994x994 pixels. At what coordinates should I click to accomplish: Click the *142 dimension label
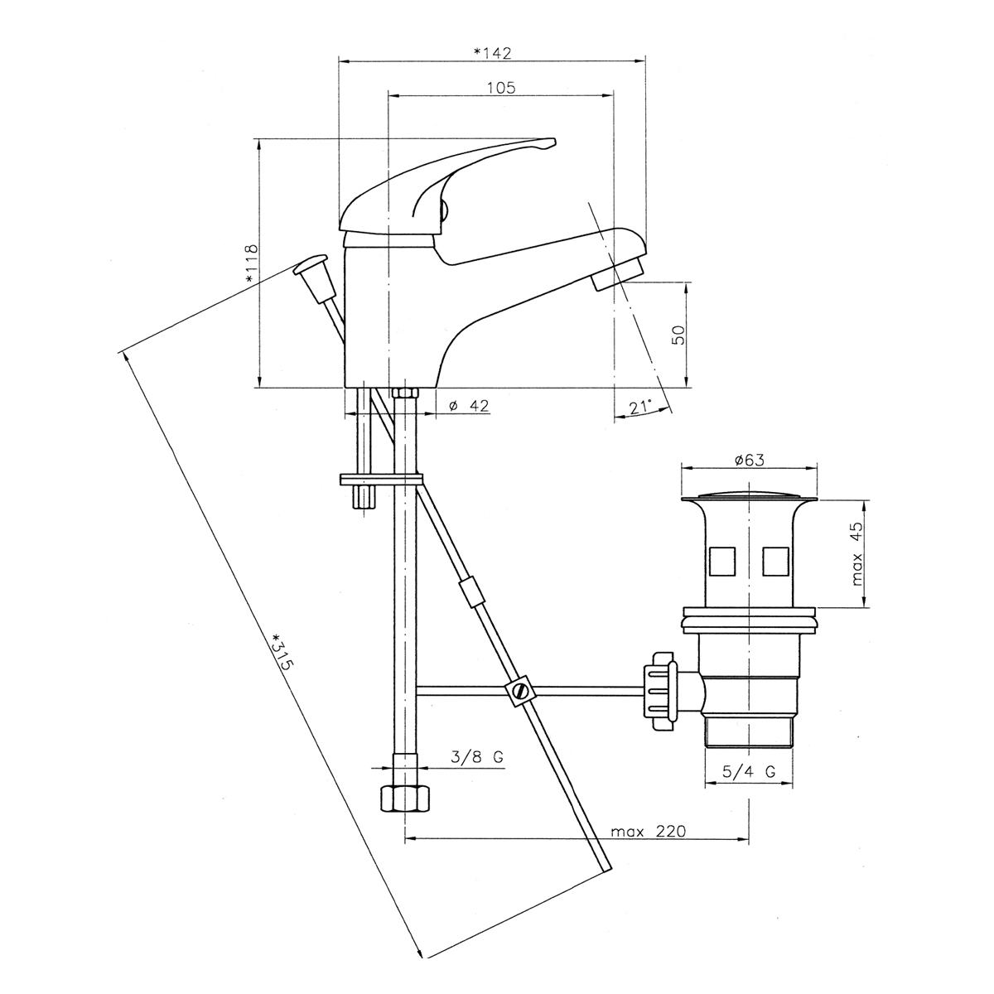[x=492, y=53]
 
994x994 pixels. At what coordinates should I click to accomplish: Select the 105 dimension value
[x=501, y=88]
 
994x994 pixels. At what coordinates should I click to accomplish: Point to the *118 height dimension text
[x=251, y=263]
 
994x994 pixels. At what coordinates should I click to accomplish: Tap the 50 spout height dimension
[x=679, y=335]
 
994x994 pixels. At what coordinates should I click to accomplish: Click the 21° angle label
[x=640, y=407]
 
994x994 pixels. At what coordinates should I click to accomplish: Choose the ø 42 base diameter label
[x=469, y=405]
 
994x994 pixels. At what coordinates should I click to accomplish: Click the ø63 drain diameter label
[x=750, y=460]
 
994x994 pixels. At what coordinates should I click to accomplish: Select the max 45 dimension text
[x=856, y=554]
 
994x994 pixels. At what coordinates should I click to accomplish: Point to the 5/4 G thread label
[x=749, y=785]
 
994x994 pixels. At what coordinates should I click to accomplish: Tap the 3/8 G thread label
[x=477, y=757]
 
